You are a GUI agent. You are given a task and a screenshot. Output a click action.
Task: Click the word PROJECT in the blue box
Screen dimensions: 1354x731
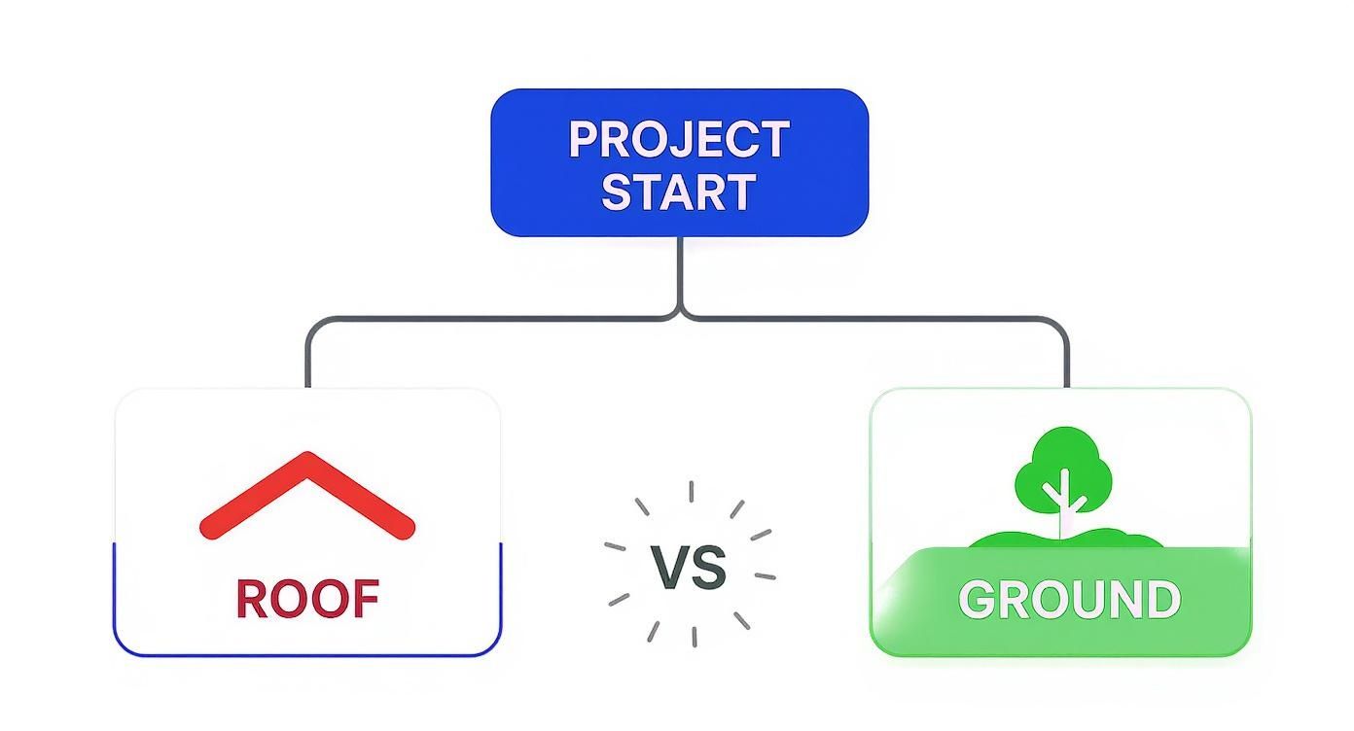(679, 140)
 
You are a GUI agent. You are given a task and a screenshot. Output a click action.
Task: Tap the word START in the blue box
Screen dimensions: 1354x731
(679, 192)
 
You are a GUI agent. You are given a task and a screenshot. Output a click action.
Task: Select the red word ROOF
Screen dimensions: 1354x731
(307, 599)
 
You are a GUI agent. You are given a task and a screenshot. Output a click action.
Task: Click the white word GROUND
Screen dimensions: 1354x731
(1069, 600)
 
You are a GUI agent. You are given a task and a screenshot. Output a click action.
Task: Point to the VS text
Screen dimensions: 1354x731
(689, 568)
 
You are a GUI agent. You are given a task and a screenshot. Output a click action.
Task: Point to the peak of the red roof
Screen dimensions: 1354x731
(307, 453)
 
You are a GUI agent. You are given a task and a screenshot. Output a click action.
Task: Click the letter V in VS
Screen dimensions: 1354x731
(668, 568)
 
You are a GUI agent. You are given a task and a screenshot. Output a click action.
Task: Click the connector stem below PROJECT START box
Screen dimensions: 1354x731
(681, 272)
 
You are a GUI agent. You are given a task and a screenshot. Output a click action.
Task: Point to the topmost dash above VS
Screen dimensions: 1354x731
(691, 491)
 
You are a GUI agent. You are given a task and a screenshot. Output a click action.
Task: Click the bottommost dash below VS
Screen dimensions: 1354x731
(695, 637)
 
